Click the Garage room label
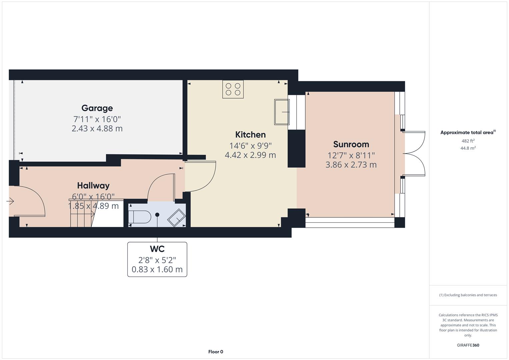[97, 108]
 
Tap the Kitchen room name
[250, 135]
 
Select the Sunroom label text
[351, 144]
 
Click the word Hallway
[93, 186]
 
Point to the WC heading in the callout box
[157, 249]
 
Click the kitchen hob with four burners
[233, 89]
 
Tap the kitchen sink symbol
[282, 112]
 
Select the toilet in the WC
[140, 217]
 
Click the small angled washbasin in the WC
[176, 218]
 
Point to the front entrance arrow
[10, 201]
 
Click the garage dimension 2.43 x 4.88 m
[97, 129]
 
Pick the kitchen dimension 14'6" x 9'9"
[250, 145]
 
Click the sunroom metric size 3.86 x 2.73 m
[351, 165]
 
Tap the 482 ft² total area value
[468, 141]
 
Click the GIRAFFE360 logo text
[468, 345]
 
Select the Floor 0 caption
[216, 352]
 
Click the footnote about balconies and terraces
[468, 295]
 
